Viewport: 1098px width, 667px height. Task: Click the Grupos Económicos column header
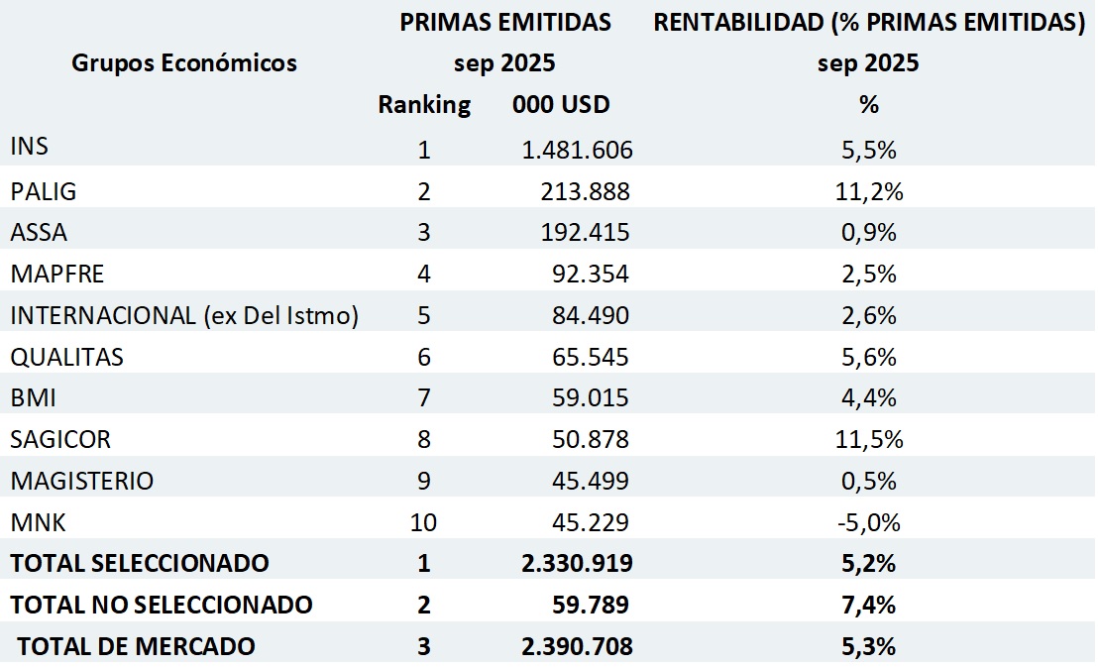pyautogui.click(x=183, y=63)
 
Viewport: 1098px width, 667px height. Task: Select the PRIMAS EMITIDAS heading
pyautogui.click(x=505, y=22)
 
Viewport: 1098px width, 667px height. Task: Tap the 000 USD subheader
pyautogui.click(x=561, y=105)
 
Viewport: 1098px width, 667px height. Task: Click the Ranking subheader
pyautogui.click(x=424, y=105)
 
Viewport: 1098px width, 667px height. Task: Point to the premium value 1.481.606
pyautogui.click(x=577, y=151)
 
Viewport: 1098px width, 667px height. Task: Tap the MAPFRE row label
pyautogui.click(x=56, y=273)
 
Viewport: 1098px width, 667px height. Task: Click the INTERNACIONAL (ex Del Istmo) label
pyautogui.click(x=184, y=315)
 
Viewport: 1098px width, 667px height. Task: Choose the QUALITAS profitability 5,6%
pyautogui.click(x=869, y=357)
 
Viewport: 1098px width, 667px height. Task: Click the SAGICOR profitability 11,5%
pyautogui.click(x=869, y=440)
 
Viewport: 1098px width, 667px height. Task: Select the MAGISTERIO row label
pyautogui.click(x=82, y=481)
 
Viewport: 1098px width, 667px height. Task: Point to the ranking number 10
pyautogui.click(x=424, y=522)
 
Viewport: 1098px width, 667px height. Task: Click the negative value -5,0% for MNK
pyautogui.click(x=868, y=522)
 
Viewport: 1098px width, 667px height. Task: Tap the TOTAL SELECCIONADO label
pyautogui.click(x=140, y=563)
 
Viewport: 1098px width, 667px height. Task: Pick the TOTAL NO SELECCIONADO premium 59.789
pyautogui.click(x=592, y=605)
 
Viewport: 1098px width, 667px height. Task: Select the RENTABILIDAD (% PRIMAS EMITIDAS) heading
pyautogui.click(x=869, y=22)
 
